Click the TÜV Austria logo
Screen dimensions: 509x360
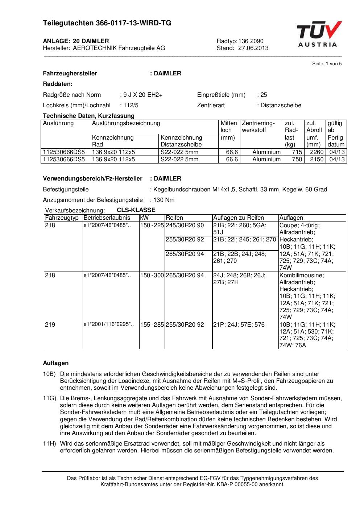(x=319, y=34)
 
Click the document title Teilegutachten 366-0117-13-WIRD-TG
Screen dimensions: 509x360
(x=107, y=23)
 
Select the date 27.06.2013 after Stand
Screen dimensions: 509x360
(x=253, y=48)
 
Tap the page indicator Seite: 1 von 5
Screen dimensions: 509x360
(x=327, y=64)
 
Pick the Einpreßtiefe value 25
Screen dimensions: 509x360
(x=264, y=95)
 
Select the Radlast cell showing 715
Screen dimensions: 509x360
(x=297, y=152)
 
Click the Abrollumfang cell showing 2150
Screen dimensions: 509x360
(x=316, y=160)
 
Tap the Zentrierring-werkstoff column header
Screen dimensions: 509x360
(x=259, y=127)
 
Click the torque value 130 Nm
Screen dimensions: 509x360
(x=164, y=200)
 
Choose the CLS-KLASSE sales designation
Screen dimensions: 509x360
(x=136, y=210)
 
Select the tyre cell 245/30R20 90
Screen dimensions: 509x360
(x=185, y=225)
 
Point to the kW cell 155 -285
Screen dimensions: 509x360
(x=152, y=325)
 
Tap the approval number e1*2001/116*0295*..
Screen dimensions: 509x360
(x=108, y=324)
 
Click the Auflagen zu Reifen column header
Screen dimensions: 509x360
(x=239, y=218)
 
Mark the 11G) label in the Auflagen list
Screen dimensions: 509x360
(x=49, y=398)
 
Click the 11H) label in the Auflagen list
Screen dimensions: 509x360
(x=49, y=444)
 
